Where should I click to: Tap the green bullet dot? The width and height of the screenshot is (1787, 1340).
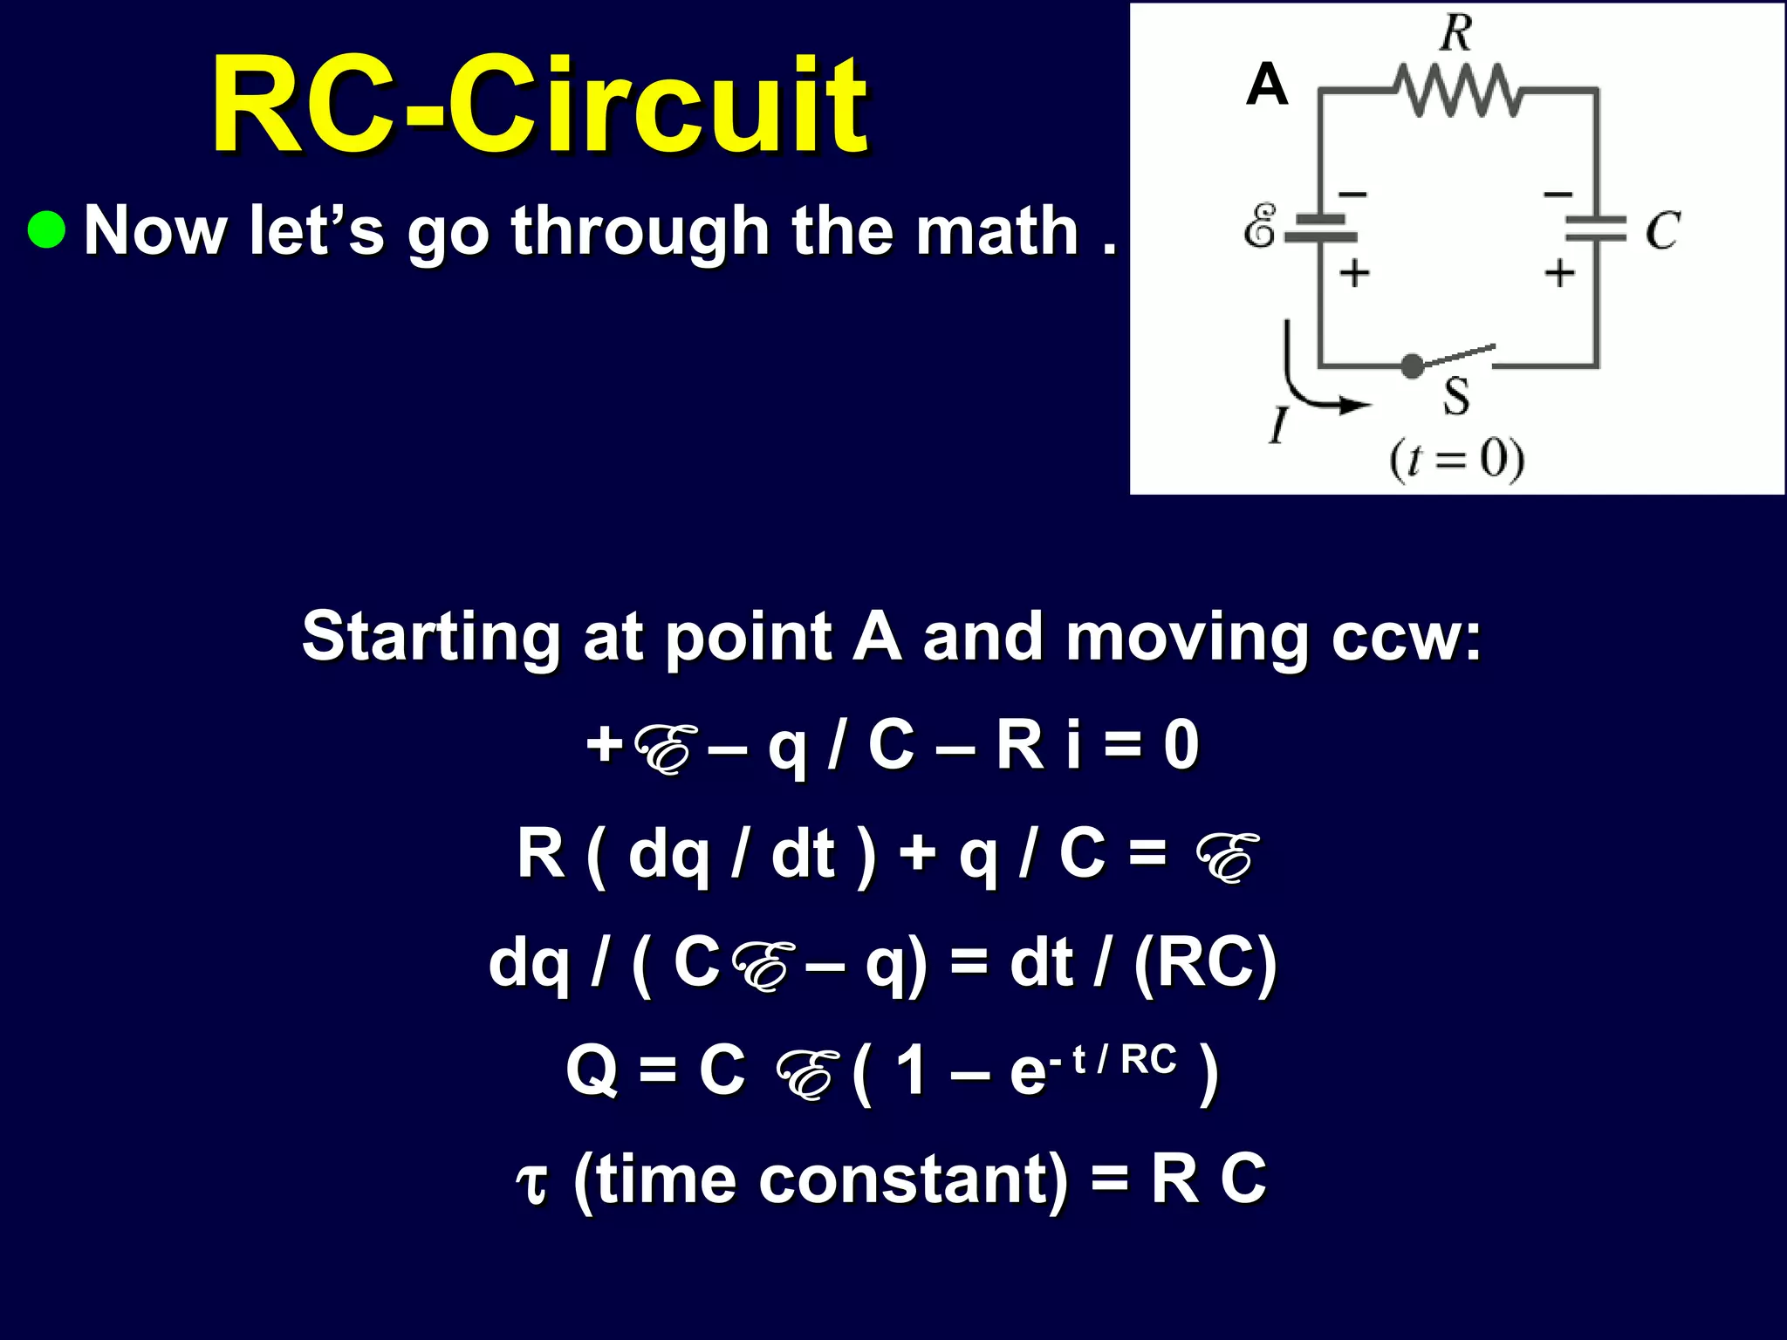pyautogui.click(x=46, y=229)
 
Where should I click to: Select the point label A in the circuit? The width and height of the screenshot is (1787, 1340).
pyautogui.click(x=1267, y=85)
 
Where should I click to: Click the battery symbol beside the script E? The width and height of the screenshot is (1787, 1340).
pyautogui.click(x=1321, y=228)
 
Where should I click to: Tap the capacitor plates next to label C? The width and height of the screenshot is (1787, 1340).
pyautogui.click(x=1596, y=229)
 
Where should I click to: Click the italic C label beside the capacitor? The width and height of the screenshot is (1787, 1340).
pyautogui.click(x=1662, y=230)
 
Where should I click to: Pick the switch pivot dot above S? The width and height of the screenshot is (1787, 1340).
pyautogui.click(x=1412, y=366)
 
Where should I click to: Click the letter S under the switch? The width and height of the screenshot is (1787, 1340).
pyautogui.click(x=1455, y=396)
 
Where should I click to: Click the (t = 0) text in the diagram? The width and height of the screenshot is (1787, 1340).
pyautogui.click(x=1456, y=460)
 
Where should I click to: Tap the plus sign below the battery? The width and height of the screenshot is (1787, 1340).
pyautogui.click(x=1354, y=274)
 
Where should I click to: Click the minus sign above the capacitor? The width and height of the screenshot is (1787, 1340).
pyautogui.click(x=1558, y=194)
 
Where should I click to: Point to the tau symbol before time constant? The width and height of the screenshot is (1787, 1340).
pyautogui.click(x=532, y=1183)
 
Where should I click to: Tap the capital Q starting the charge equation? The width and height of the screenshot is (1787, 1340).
pyautogui.click(x=592, y=1070)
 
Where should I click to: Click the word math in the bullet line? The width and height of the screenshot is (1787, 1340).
pyautogui.click(x=1004, y=230)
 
